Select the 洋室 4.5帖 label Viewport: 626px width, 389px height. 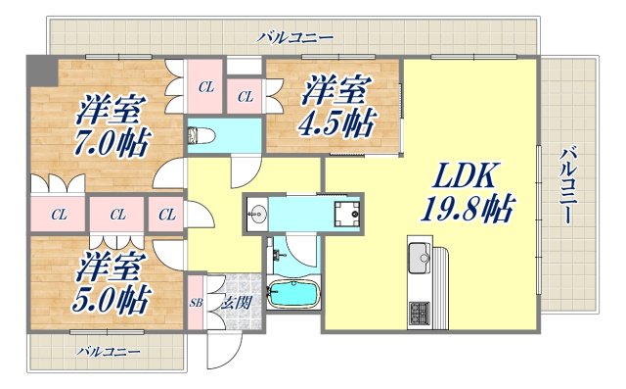(335, 108)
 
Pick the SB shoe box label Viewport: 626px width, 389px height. (195, 303)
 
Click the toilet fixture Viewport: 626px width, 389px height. (202, 134)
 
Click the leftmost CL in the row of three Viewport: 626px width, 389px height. (59, 213)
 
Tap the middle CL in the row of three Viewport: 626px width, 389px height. (117, 213)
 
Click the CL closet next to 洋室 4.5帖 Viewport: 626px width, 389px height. (245, 96)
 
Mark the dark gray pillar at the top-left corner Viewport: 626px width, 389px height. (38, 70)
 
